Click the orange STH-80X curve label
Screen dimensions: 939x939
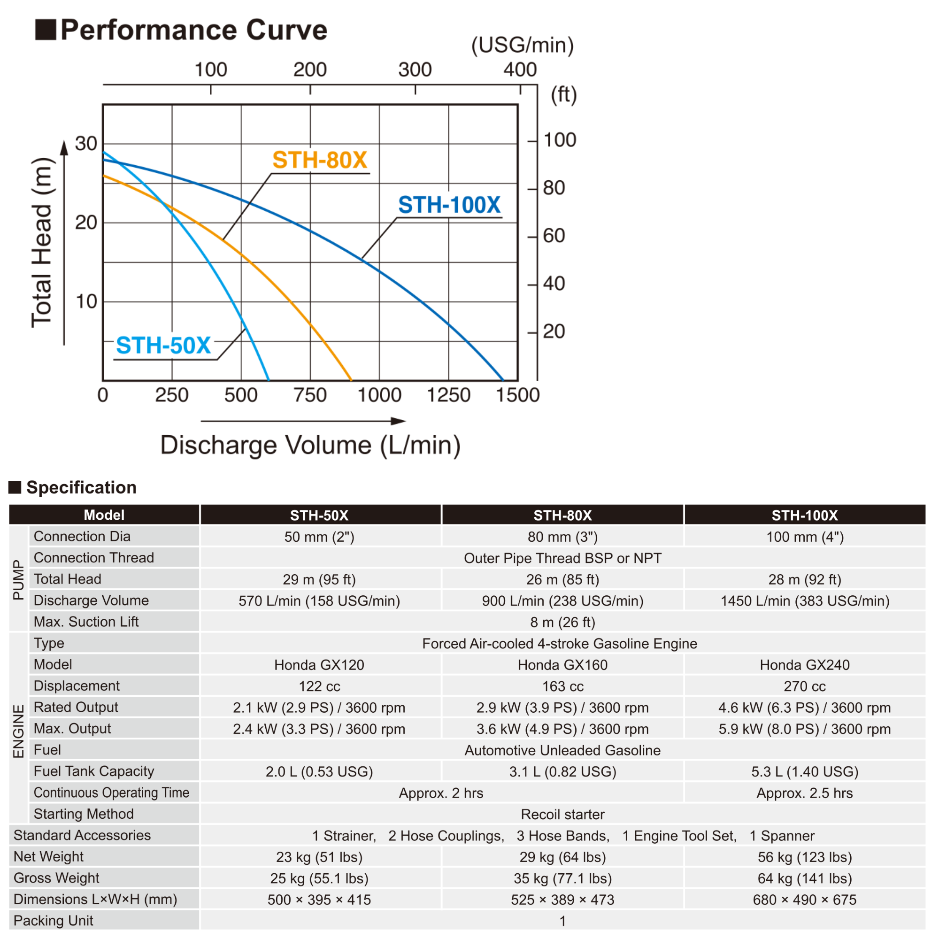coord(319,160)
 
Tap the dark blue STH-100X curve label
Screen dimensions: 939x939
coord(449,205)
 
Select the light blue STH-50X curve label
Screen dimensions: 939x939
coord(163,346)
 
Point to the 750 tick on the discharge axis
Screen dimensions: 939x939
coord(310,395)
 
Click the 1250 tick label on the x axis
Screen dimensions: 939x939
coord(448,395)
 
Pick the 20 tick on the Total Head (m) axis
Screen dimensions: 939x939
coord(86,223)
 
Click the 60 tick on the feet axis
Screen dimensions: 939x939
coord(554,236)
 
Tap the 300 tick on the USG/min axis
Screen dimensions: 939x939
coord(415,70)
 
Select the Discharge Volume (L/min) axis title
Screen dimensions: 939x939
coord(310,445)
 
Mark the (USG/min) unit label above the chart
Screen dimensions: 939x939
coord(523,45)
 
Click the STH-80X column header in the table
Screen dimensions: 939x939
coord(562,515)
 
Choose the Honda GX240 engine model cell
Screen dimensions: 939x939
coord(804,665)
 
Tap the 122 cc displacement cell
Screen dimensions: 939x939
coord(319,686)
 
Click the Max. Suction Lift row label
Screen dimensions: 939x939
coord(86,622)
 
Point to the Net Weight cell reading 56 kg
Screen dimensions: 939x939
coord(804,857)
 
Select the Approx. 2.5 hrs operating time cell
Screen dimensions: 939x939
coord(804,793)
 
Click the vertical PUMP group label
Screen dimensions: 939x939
coord(18,580)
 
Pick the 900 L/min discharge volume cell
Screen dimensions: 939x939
coord(562,601)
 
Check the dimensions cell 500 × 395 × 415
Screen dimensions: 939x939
coord(319,900)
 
